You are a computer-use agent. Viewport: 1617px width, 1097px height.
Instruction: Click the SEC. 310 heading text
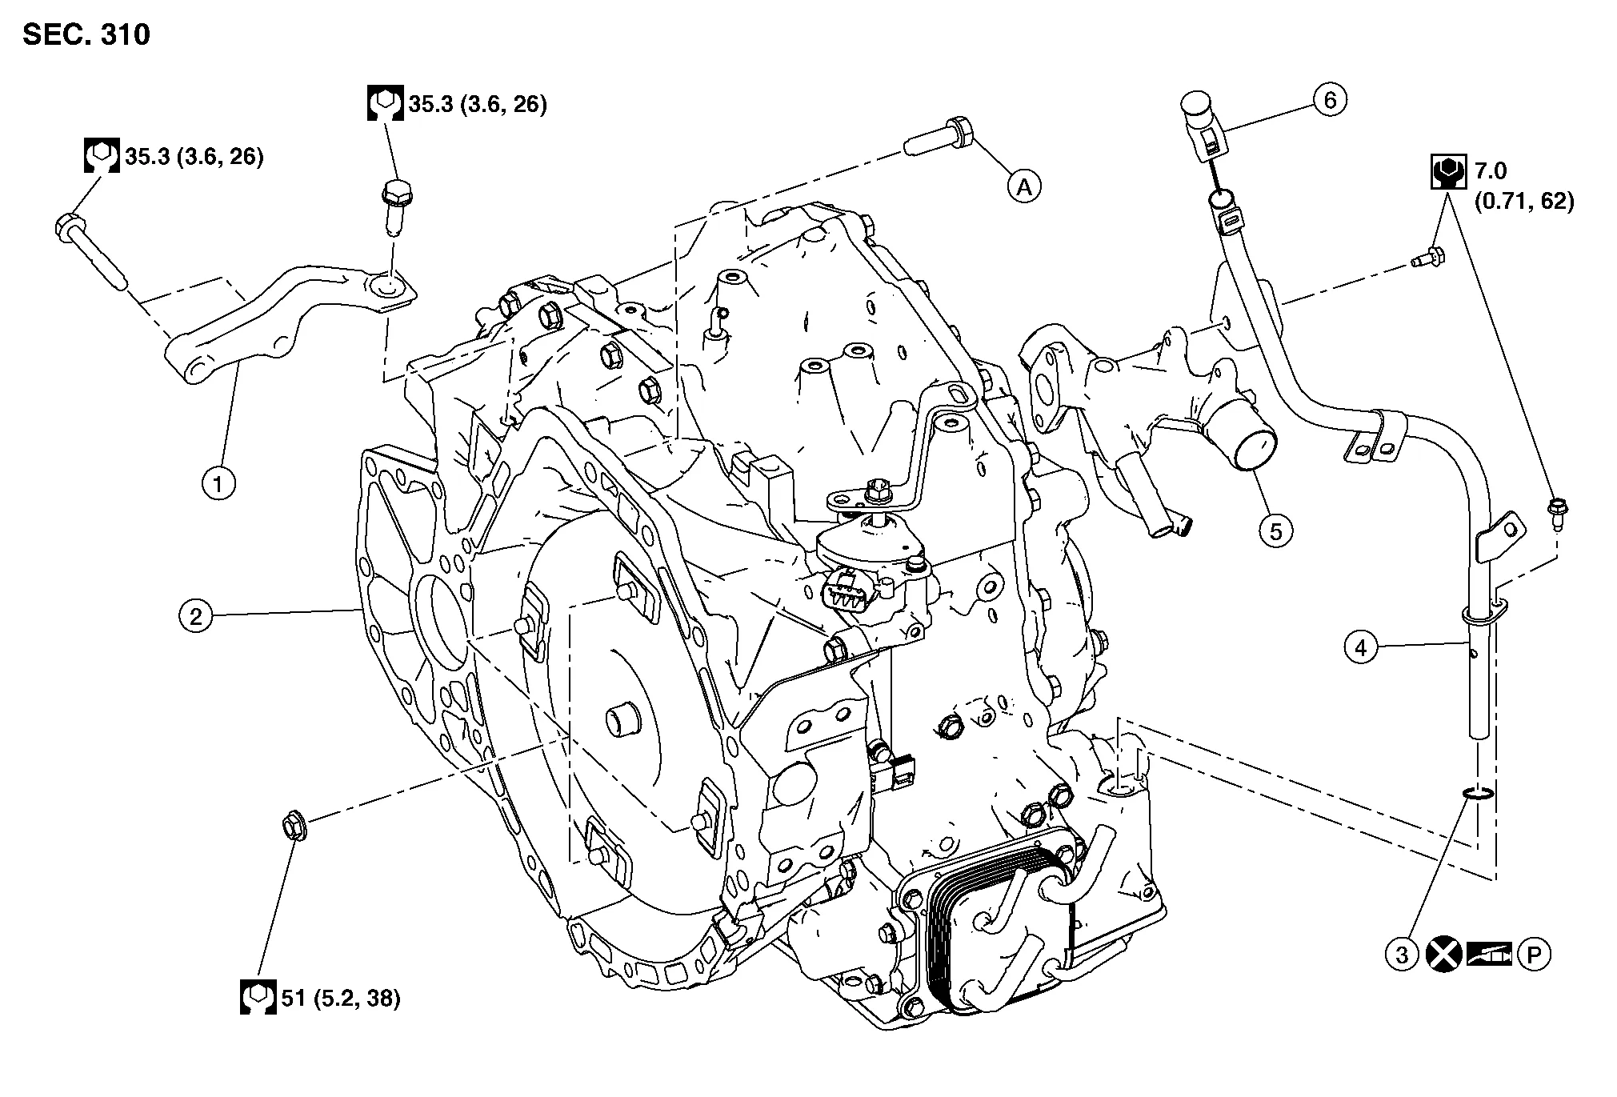pyautogui.click(x=86, y=35)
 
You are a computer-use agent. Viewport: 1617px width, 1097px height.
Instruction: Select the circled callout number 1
pyautogui.click(x=218, y=483)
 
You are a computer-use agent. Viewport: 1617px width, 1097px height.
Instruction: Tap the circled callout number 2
pyautogui.click(x=196, y=616)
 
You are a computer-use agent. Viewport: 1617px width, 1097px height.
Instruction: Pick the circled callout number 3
pyautogui.click(x=1402, y=954)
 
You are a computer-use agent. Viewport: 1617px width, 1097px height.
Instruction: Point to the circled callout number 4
pyautogui.click(x=1362, y=647)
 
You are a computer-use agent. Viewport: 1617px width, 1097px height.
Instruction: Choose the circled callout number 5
pyautogui.click(x=1275, y=531)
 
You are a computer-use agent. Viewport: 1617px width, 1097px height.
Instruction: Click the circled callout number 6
pyautogui.click(x=1330, y=101)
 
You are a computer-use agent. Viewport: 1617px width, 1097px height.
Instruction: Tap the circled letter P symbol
pyautogui.click(x=1534, y=954)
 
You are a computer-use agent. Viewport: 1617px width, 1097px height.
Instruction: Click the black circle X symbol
pyautogui.click(x=1443, y=954)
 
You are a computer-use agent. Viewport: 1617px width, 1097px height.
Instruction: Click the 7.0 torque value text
pyautogui.click(x=1490, y=170)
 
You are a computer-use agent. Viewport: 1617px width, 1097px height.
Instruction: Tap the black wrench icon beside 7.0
pyautogui.click(x=1448, y=171)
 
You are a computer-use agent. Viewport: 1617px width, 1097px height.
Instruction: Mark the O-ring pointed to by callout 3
pyautogui.click(x=1477, y=793)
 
